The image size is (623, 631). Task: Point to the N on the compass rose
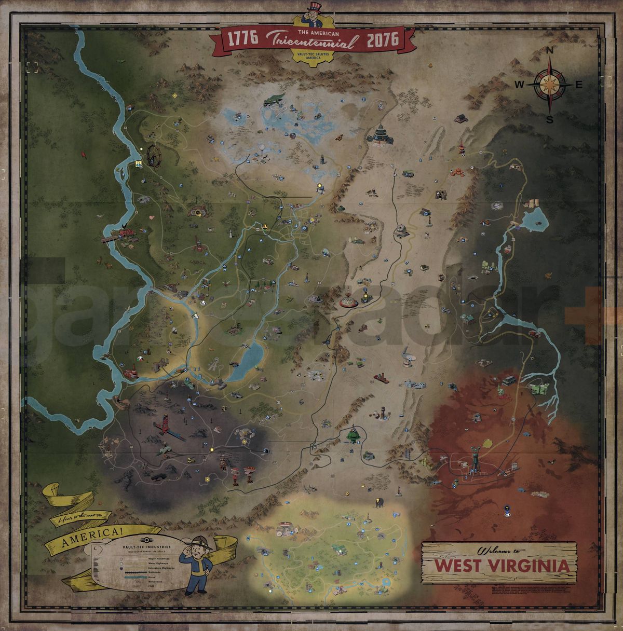(550, 51)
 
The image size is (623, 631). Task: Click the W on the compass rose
(519, 84)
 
